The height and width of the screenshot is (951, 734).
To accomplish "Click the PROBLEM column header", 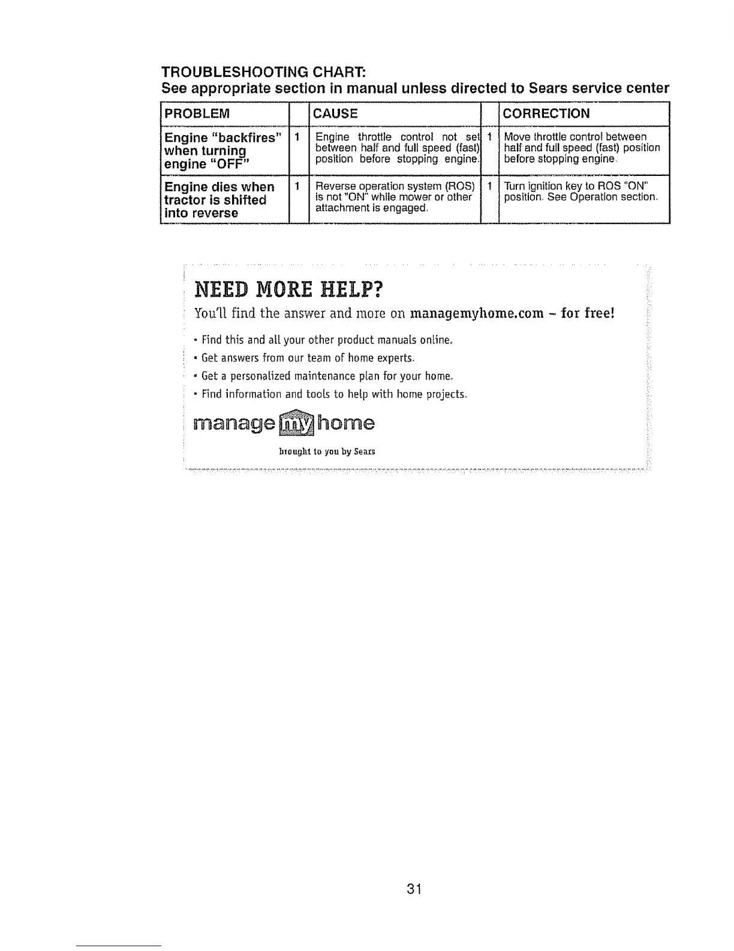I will [197, 114].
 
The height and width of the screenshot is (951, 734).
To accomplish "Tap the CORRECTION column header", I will [546, 114].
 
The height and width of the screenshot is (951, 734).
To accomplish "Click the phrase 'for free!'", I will [585, 313].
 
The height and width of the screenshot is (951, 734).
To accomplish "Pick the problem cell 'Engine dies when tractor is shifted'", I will [219, 200].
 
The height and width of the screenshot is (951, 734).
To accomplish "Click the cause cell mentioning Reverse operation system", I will [395, 196].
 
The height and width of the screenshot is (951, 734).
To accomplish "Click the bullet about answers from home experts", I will [308, 358].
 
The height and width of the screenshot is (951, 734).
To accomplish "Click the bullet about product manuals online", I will [326, 340].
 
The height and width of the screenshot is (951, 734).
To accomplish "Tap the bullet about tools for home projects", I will [334, 394].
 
